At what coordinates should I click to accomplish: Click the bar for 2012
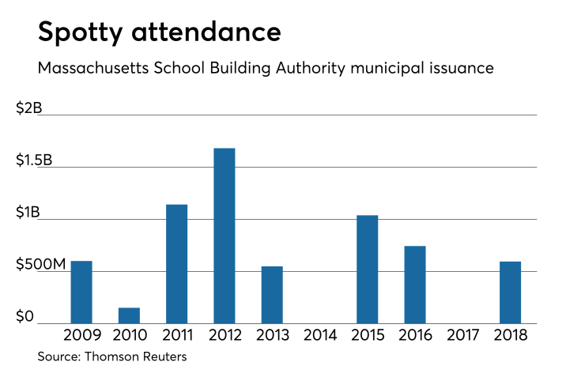coord(225,236)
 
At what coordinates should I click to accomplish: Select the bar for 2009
coord(81,292)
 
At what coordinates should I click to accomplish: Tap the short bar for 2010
coord(130,315)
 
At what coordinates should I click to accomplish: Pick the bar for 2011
coord(177,263)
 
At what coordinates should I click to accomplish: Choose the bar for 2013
coord(272,294)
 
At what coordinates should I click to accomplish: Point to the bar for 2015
coord(367,269)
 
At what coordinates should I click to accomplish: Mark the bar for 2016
coord(414,285)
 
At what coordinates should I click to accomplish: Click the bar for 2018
coord(510,292)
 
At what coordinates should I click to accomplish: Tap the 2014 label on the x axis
coord(319,335)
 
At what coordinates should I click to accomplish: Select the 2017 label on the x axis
coord(462,335)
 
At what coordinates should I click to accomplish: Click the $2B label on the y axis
coord(28,108)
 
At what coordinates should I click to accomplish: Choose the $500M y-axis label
coord(41,264)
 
